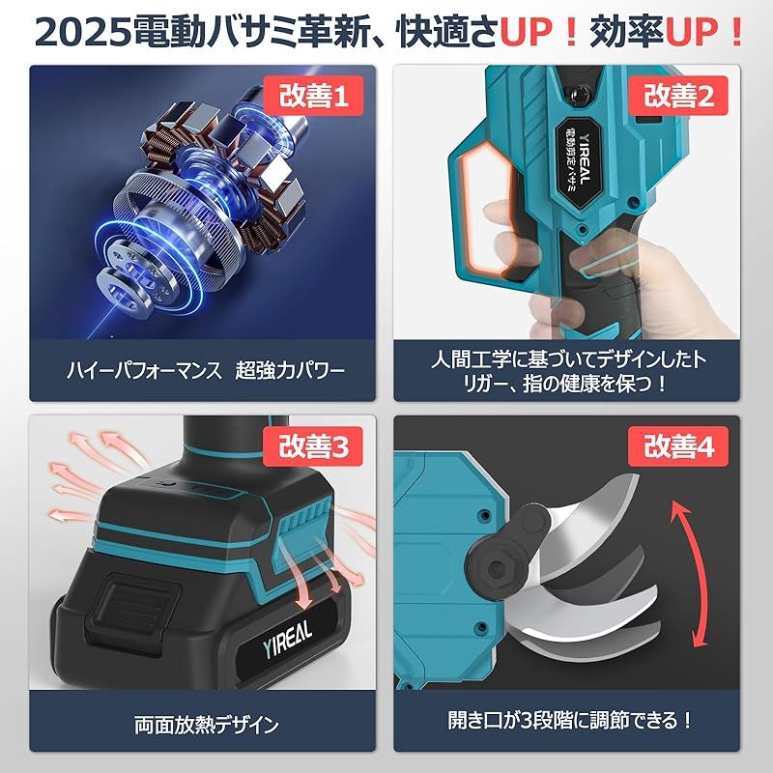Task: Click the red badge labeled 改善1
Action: point(312,97)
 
